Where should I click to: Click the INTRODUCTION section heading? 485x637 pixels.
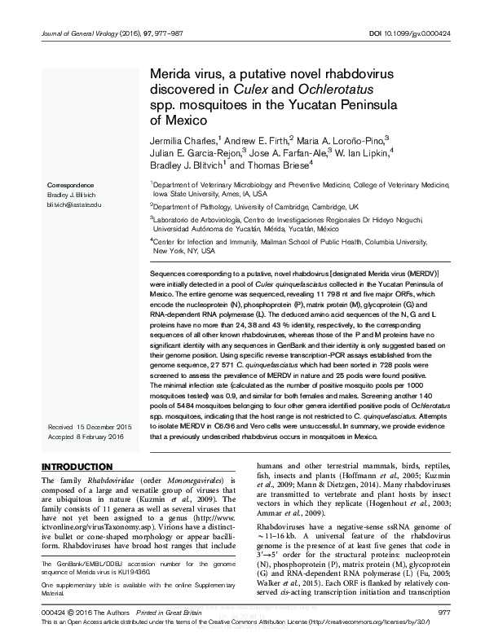tap(77, 467)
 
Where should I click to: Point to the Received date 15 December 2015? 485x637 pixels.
tap(90, 427)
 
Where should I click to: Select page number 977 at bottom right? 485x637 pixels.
tap(444, 611)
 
